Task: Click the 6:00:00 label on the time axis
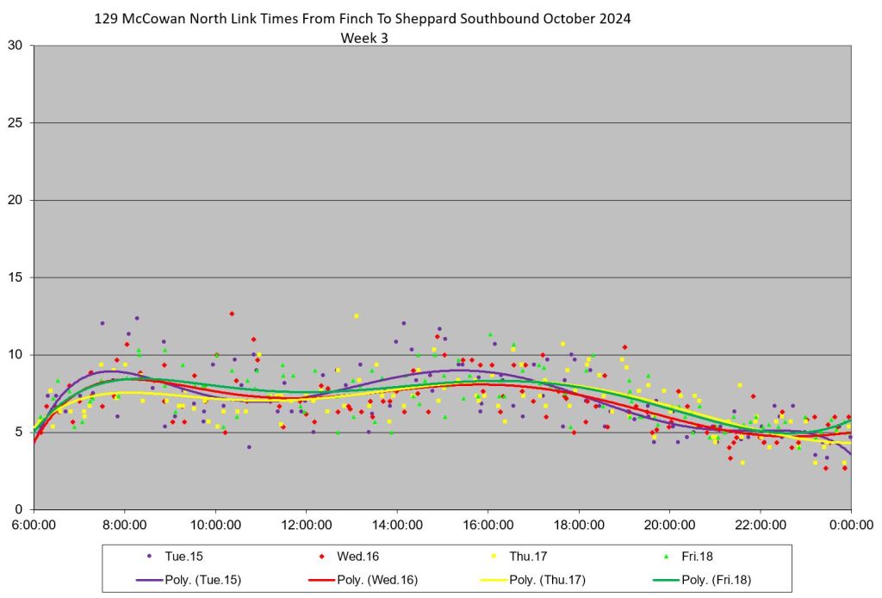click(34, 524)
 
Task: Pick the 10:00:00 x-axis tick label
click(215, 524)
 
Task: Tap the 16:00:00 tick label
click(488, 524)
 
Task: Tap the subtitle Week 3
click(364, 37)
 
